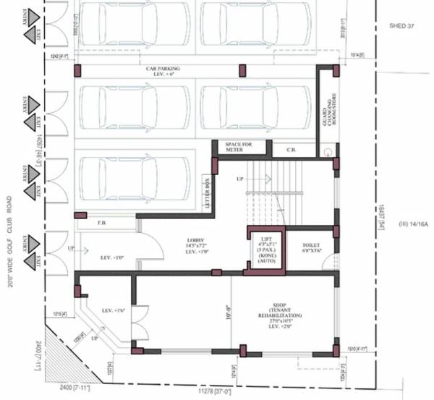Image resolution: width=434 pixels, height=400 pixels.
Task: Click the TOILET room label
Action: pos(311,247)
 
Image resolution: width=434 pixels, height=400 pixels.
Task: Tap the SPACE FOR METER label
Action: pos(239,147)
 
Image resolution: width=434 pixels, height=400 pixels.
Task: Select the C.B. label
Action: pos(292,150)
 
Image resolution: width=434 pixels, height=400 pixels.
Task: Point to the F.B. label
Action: pos(103,224)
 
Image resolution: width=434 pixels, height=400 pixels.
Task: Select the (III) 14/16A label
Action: pos(413,225)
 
